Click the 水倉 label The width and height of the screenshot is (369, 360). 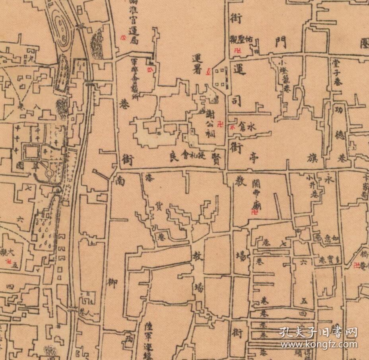[246, 127]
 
